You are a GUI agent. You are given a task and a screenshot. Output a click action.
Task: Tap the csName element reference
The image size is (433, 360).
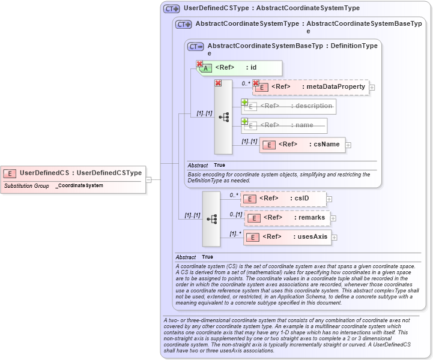tap(303, 145)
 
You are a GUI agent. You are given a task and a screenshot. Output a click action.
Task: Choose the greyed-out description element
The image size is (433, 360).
tap(289, 106)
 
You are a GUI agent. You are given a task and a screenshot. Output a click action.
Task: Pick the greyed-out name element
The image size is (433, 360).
tap(285, 125)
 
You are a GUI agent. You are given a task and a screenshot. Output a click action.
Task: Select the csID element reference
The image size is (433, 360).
tap(283, 199)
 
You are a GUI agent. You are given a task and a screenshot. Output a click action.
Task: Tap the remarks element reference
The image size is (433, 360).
tap(287, 218)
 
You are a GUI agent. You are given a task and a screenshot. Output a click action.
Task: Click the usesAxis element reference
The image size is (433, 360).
tap(288, 237)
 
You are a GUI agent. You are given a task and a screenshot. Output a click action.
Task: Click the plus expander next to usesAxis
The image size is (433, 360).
tap(335, 238)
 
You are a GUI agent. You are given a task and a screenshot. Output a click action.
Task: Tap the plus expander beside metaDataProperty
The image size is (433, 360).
tap(372, 88)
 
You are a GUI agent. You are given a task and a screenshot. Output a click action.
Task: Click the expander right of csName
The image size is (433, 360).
tap(348, 145)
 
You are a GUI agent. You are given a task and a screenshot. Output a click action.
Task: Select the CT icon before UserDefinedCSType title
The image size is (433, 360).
tap(172, 8)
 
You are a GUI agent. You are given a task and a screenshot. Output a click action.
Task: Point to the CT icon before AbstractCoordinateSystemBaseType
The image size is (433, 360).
tap(196, 46)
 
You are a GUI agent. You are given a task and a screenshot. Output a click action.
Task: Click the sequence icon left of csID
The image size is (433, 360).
tap(211, 219)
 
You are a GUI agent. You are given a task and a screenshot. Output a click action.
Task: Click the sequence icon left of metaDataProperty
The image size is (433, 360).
tap(223, 117)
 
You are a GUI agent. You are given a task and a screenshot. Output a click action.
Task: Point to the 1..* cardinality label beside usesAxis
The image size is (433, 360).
tap(235, 233)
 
